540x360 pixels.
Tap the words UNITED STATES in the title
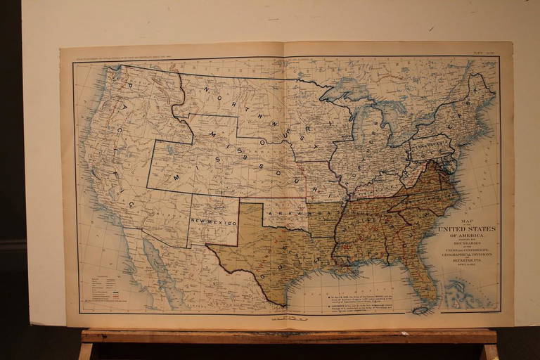point(467,229)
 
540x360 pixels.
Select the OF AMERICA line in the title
point(467,236)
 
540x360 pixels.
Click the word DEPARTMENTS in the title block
point(467,259)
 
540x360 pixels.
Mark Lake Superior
point(345,91)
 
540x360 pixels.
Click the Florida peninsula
point(425,281)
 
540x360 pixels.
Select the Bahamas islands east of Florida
point(461,291)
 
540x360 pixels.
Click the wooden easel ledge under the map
point(288,336)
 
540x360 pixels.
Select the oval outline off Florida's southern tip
point(421,310)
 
